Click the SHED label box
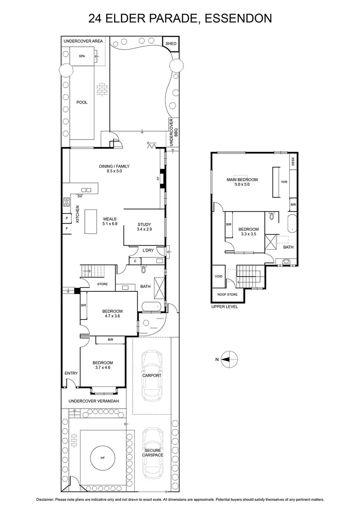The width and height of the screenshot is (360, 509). click(x=171, y=44)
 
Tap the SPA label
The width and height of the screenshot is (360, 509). click(x=82, y=56)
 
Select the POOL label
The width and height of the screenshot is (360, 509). click(x=82, y=102)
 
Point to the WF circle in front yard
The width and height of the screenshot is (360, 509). click(x=102, y=457)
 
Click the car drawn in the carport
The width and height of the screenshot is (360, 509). click(x=152, y=375)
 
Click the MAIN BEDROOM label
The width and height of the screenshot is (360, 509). click(x=242, y=180)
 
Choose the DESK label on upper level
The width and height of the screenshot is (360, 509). click(x=293, y=162)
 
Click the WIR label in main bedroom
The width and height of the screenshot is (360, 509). click(x=284, y=181)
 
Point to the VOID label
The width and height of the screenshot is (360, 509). click(x=218, y=277)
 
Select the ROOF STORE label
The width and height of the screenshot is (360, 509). click(x=228, y=295)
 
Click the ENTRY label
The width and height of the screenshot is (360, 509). click(x=71, y=373)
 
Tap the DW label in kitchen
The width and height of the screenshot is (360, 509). click(x=80, y=196)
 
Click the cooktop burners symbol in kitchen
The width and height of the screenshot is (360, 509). click(x=66, y=203)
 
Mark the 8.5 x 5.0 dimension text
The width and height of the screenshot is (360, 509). click(x=114, y=172)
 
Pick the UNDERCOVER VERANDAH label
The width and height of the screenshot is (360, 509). click(x=93, y=401)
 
